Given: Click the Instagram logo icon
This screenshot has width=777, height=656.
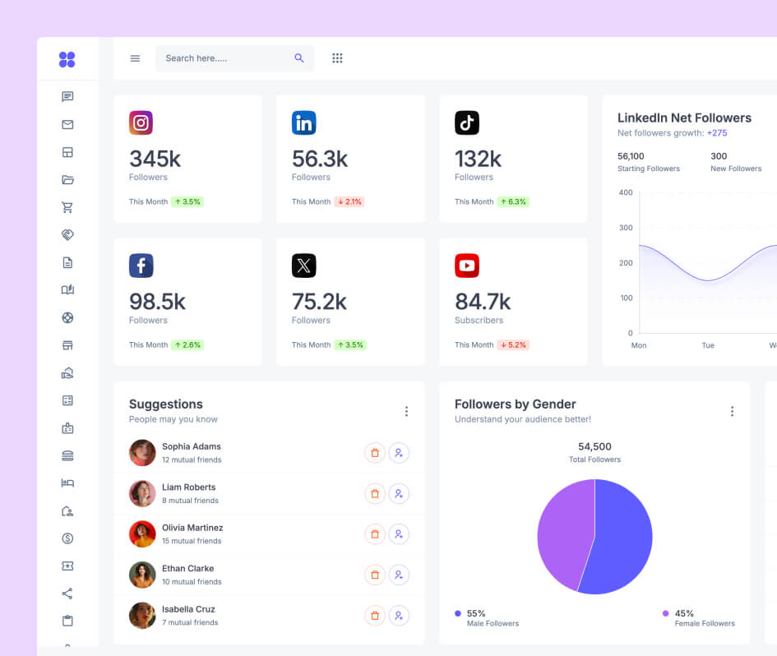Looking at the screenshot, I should point(141,123).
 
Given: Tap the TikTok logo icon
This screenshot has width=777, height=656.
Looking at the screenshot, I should point(467,123).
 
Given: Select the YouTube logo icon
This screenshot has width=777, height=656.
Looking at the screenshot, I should point(467,266).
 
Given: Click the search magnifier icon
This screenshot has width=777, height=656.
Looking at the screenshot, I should point(299,58).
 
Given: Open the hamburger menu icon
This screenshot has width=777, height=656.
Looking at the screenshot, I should point(135,58).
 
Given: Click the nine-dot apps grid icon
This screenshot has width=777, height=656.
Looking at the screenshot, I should point(337,58).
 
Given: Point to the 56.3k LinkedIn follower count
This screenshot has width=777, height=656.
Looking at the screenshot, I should point(320,159).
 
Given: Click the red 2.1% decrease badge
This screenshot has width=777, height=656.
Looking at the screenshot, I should point(349,201).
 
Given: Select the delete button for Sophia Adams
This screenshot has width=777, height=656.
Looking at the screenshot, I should point(375,453).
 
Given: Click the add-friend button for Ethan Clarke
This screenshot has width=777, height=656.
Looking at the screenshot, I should point(399,575).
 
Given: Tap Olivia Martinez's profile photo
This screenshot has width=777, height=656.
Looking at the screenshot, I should point(142,534).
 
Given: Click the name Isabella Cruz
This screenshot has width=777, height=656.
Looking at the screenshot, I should point(188,609).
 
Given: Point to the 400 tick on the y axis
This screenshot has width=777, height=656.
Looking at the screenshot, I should point(626,192).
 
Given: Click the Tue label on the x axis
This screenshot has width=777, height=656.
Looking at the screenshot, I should point(708,345).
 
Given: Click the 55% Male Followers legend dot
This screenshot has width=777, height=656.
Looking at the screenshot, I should point(458,613).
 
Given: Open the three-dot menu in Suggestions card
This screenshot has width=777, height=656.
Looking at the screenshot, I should point(406,411).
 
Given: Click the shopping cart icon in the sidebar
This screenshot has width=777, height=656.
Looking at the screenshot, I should point(67,207).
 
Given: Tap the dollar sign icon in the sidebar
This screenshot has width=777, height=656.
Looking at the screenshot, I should point(67,538).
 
